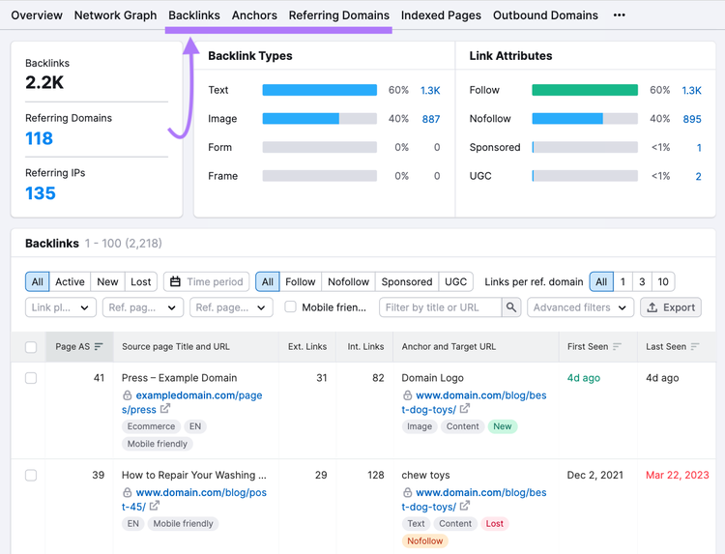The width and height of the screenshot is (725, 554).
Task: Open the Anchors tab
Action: (x=254, y=15)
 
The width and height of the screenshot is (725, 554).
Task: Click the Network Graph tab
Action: (x=115, y=15)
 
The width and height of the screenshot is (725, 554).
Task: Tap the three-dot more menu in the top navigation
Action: (x=619, y=15)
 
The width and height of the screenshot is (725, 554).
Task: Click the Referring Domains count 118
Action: (x=40, y=138)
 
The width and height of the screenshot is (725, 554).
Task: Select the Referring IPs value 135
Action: (x=41, y=192)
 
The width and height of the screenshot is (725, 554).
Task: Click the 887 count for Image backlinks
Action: (x=431, y=119)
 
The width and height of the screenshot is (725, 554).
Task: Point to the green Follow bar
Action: (x=585, y=90)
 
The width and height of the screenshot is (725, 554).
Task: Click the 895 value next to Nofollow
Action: (x=692, y=119)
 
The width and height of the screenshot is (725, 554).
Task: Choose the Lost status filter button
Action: (x=140, y=281)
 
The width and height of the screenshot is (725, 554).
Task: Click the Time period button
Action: (x=206, y=281)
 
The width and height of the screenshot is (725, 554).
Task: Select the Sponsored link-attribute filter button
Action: (x=406, y=281)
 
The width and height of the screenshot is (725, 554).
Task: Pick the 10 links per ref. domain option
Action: (x=663, y=281)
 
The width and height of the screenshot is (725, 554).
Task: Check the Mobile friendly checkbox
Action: (x=290, y=307)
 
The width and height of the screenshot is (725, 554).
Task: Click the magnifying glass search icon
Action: (x=511, y=307)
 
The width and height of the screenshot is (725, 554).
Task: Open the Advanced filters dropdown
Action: (x=580, y=307)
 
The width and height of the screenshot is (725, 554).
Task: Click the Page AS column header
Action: (x=79, y=346)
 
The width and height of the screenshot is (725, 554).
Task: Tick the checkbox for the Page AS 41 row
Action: (x=31, y=378)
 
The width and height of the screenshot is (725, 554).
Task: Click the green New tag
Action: (x=503, y=426)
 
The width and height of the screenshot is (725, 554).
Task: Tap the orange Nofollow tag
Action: (x=425, y=540)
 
